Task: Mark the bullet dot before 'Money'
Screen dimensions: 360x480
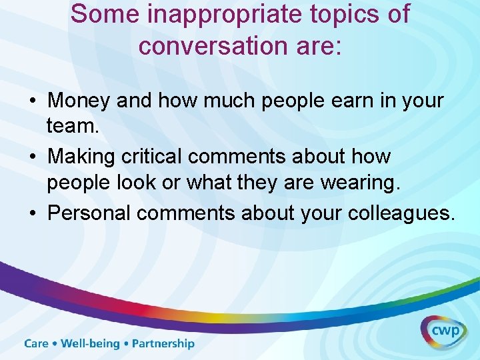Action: [33, 101]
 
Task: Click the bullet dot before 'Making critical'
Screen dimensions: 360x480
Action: [33, 157]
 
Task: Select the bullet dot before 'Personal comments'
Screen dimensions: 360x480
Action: [33, 213]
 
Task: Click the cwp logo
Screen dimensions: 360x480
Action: [443, 331]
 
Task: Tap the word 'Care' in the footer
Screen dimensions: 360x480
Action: [37, 344]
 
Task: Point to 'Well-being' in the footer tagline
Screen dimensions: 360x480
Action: [91, 344]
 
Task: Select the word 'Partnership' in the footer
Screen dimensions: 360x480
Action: [163, 344]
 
